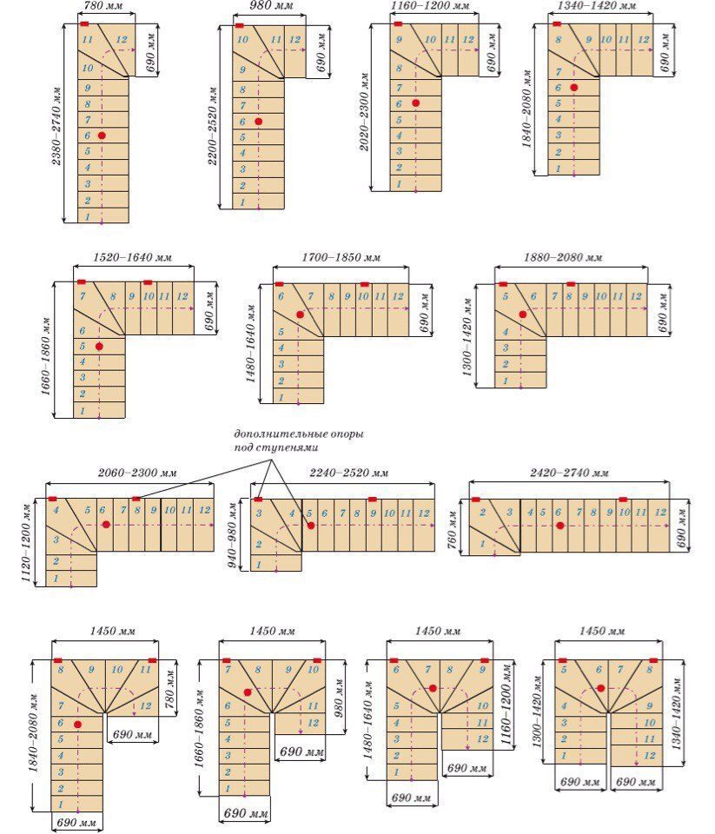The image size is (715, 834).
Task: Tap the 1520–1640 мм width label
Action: click(133, 258)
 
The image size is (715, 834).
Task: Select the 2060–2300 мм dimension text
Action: click(136, 473)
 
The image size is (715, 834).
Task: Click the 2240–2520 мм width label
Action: click(349, 473)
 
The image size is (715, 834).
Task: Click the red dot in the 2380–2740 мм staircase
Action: click(102, 136)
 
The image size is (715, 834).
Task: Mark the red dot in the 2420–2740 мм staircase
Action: click(559, 526)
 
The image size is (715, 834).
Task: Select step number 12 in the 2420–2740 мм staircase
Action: click(661, 513)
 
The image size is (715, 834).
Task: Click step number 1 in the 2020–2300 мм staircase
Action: click(399, 183)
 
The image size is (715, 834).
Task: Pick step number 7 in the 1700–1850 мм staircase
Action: click(311, 296)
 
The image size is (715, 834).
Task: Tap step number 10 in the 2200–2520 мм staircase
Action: click(242, 40)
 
